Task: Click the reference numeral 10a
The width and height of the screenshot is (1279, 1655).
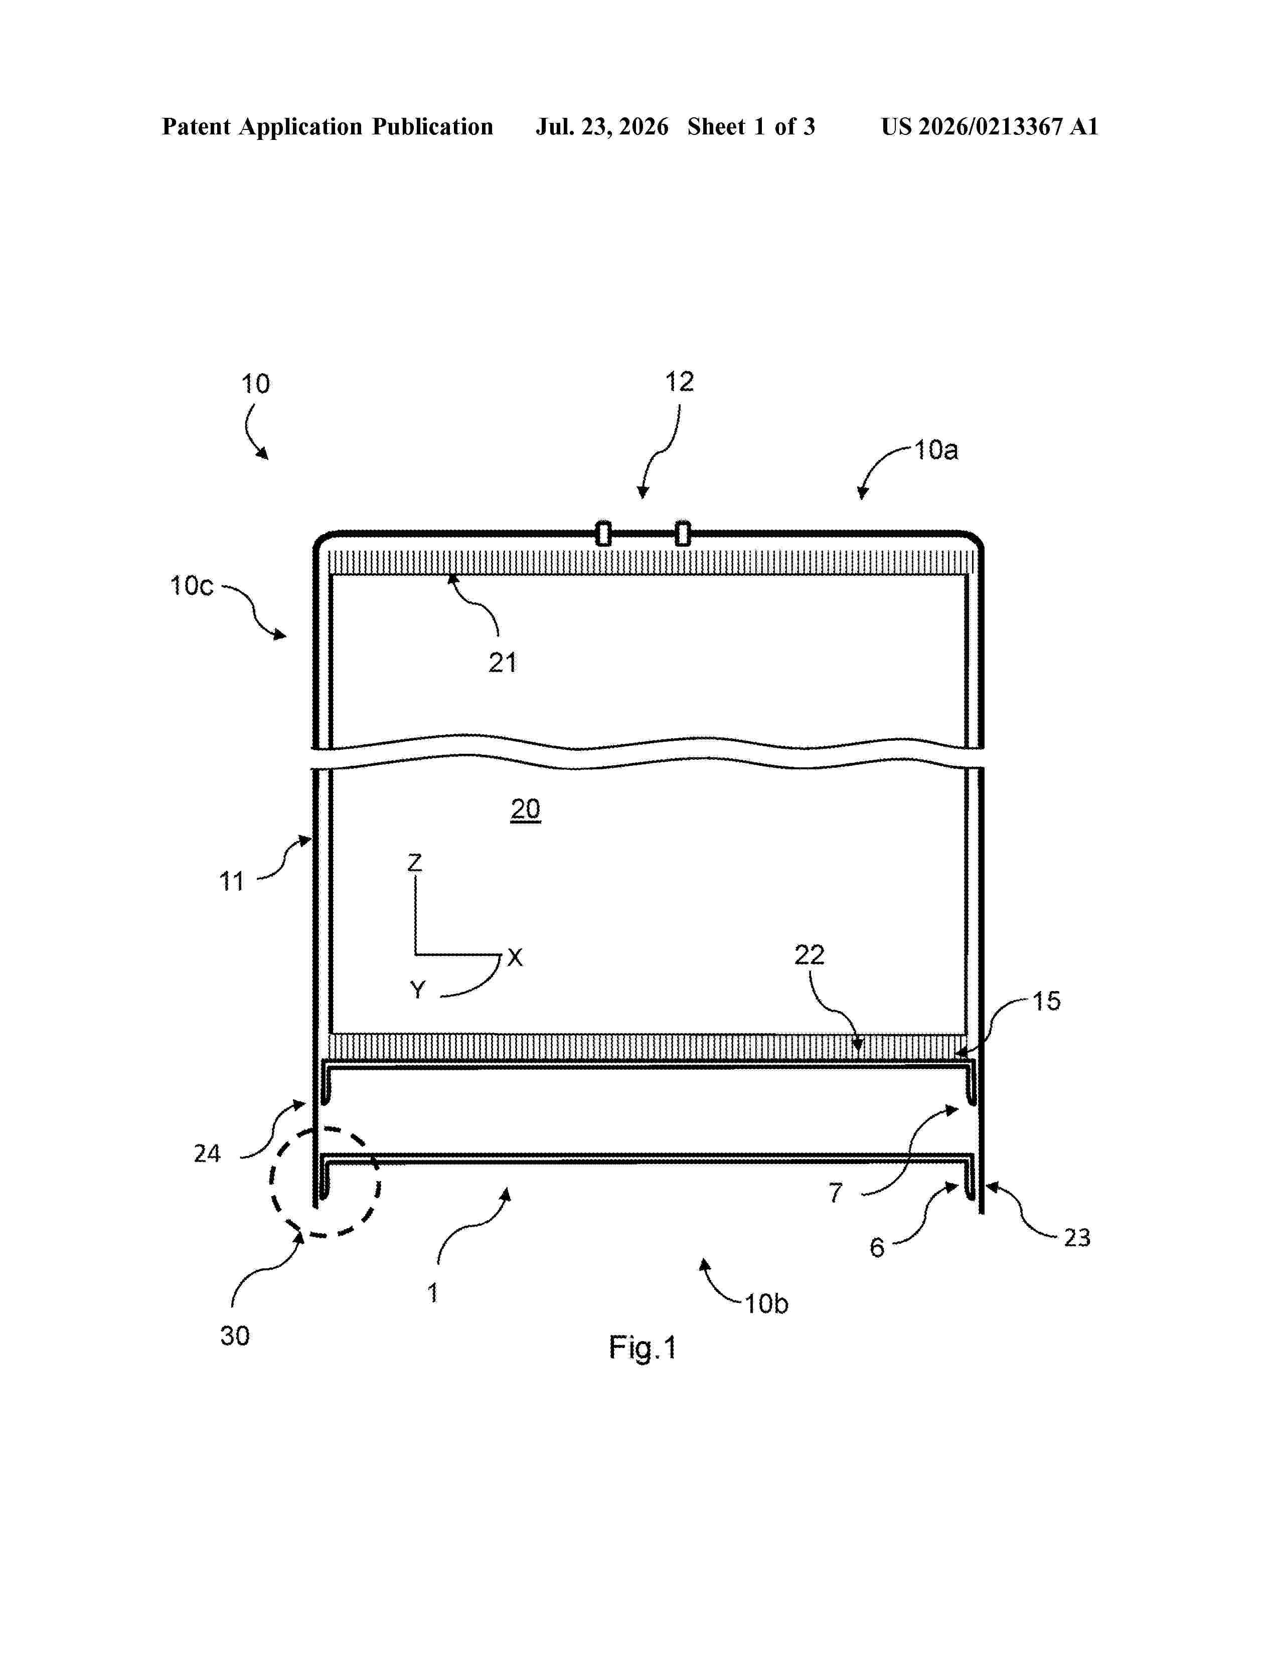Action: (936, 450)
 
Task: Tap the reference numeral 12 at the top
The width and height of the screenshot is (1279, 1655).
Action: (679, 382)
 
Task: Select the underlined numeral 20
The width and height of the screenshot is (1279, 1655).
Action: (525, 810)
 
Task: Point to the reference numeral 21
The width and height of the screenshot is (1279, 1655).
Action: (503, 663)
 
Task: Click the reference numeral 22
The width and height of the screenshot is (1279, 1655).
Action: (809, 955)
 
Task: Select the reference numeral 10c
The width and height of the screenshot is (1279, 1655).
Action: (192, 586)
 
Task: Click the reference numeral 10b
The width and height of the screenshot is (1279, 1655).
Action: (766, 1304)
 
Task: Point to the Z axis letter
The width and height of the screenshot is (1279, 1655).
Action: (414, 863)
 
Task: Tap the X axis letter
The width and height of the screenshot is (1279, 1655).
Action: (515, 958)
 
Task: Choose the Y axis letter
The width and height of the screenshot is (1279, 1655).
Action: (417, 989)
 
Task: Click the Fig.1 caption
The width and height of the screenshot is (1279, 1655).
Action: (643, 1348)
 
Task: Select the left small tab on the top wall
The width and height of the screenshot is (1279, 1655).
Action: (603, 534)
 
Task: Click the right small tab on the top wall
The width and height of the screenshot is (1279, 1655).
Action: (683, 534)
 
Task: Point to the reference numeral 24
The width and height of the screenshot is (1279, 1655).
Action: (207, 1154)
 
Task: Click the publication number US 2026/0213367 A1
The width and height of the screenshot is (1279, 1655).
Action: (990, 126)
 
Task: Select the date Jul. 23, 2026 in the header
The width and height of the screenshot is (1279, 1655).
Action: (602, 126)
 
